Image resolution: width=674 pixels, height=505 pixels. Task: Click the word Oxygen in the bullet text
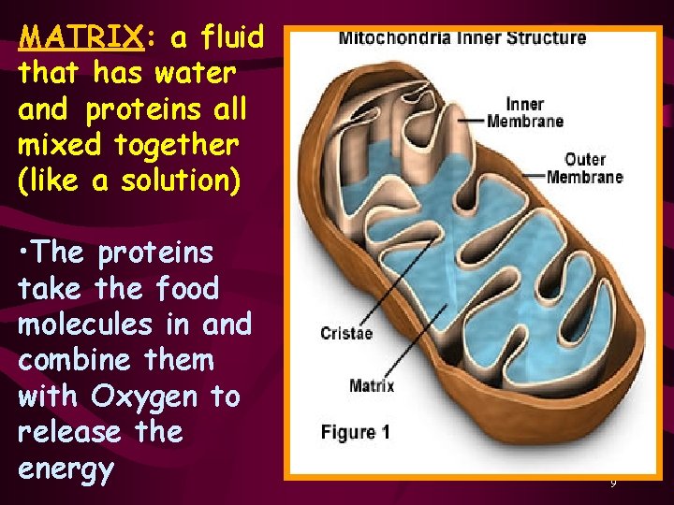(144, 397)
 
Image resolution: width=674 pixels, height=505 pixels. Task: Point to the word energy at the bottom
(66, 469)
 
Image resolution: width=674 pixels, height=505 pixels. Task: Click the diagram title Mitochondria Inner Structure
(462, 38)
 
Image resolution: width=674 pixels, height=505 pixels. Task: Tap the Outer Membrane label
(585, 168)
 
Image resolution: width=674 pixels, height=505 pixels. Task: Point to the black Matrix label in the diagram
(372, 385)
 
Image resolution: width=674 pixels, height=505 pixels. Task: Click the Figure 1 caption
(356, 432)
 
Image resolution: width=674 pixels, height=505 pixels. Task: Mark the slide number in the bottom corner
(613, 483)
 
